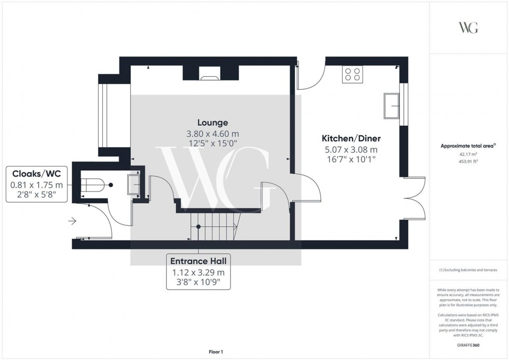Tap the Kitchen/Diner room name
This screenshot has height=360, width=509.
[352, 139]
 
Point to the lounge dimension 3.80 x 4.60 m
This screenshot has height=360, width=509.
[212, 134]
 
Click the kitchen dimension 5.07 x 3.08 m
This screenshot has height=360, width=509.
[352, 150]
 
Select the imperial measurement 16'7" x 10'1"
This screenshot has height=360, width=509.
[352, 160]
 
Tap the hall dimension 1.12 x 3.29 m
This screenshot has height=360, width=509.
[198, 272]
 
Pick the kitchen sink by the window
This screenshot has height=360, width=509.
[391, 105]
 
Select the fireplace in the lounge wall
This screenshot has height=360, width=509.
[210, 78]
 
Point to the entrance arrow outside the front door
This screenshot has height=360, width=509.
[72, 222]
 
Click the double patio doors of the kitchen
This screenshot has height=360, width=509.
[413, 198]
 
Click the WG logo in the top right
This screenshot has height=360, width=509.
[468, 28]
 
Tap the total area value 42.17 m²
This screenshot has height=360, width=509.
[468, 154]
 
